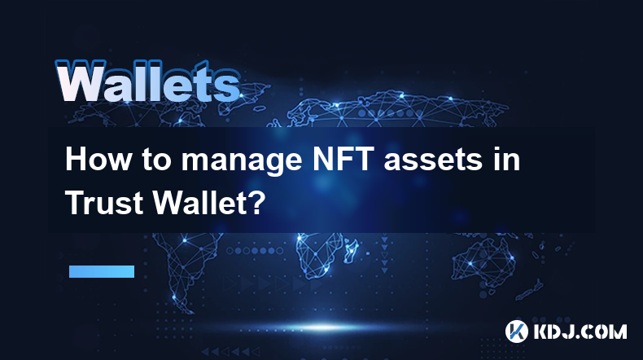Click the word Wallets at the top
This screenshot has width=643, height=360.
point(147,81)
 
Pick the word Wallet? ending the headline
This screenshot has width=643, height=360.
point(209,203)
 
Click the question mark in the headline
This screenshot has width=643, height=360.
point(256,203)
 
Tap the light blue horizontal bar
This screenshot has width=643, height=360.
point(102,271)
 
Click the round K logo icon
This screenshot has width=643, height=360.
point(516,331)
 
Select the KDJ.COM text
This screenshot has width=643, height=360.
point(580,331)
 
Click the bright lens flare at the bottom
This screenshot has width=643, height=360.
point(324,327)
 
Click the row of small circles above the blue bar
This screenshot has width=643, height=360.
point(255,250)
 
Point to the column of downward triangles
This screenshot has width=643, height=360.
point(384,253)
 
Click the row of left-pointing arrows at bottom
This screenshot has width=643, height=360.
point(230,352)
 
